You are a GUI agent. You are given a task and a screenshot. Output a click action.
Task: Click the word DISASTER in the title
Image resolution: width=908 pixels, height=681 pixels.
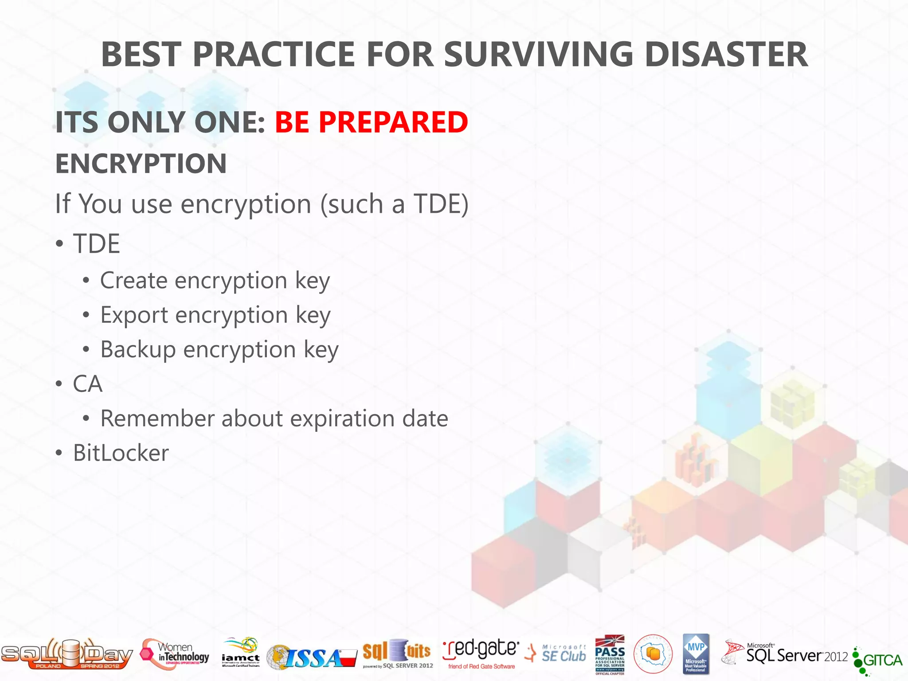(x=726, y=55)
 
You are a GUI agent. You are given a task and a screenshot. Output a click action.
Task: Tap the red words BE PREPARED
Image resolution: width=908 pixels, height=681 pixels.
(x=371, y=122)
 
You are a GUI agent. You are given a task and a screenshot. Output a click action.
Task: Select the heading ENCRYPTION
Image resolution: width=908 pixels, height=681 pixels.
(x=141, y=163)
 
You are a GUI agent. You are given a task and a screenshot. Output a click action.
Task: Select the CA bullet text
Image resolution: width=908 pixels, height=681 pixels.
(x=88, y=384)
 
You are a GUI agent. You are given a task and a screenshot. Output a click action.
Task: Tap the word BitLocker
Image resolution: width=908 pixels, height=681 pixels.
(x=121, y=453)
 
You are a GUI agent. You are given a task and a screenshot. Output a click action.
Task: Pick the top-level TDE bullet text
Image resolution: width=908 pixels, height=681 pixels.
(x=96, y=244)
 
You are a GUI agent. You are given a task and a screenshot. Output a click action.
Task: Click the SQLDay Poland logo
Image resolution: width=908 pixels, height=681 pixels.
(x=67, y=654)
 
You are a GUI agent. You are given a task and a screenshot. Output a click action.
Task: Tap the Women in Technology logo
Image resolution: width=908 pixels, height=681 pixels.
(x=175, y=654)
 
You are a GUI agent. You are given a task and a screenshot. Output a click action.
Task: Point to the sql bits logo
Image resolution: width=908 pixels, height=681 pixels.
(x=397, y=654)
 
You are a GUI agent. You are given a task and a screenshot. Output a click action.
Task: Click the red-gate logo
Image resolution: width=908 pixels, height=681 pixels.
(x=481, y=654)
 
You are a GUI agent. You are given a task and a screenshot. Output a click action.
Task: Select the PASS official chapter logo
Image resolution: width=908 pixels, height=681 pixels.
(x=610, y=654)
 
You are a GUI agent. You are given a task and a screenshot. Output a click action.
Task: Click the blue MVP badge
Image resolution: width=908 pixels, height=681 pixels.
(x=696, y=654)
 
